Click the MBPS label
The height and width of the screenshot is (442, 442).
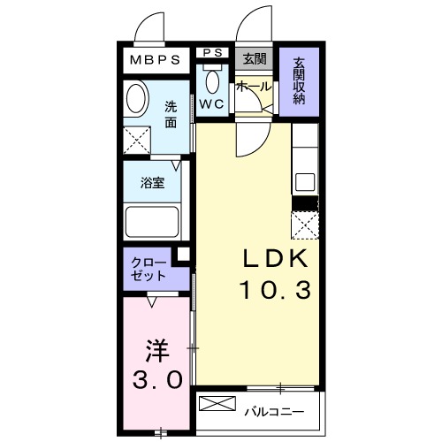tap(156, 60)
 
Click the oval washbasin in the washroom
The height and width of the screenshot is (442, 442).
tap(137, 98)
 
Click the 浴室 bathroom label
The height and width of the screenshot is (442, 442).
tap(153, 184)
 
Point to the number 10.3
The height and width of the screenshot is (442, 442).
tap(274, 288)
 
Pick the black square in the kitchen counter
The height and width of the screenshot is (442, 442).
tap(305, 203)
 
